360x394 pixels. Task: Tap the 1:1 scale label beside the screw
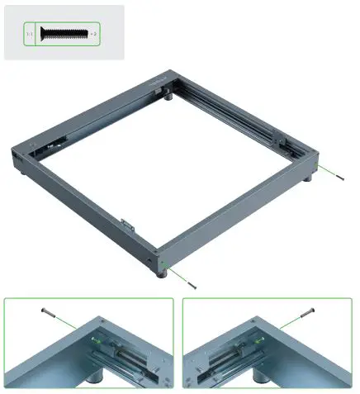point(29,34)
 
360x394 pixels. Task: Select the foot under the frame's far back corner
point(168,96)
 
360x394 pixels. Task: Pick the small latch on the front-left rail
point(126,224)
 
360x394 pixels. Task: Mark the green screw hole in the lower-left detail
point(99,339)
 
